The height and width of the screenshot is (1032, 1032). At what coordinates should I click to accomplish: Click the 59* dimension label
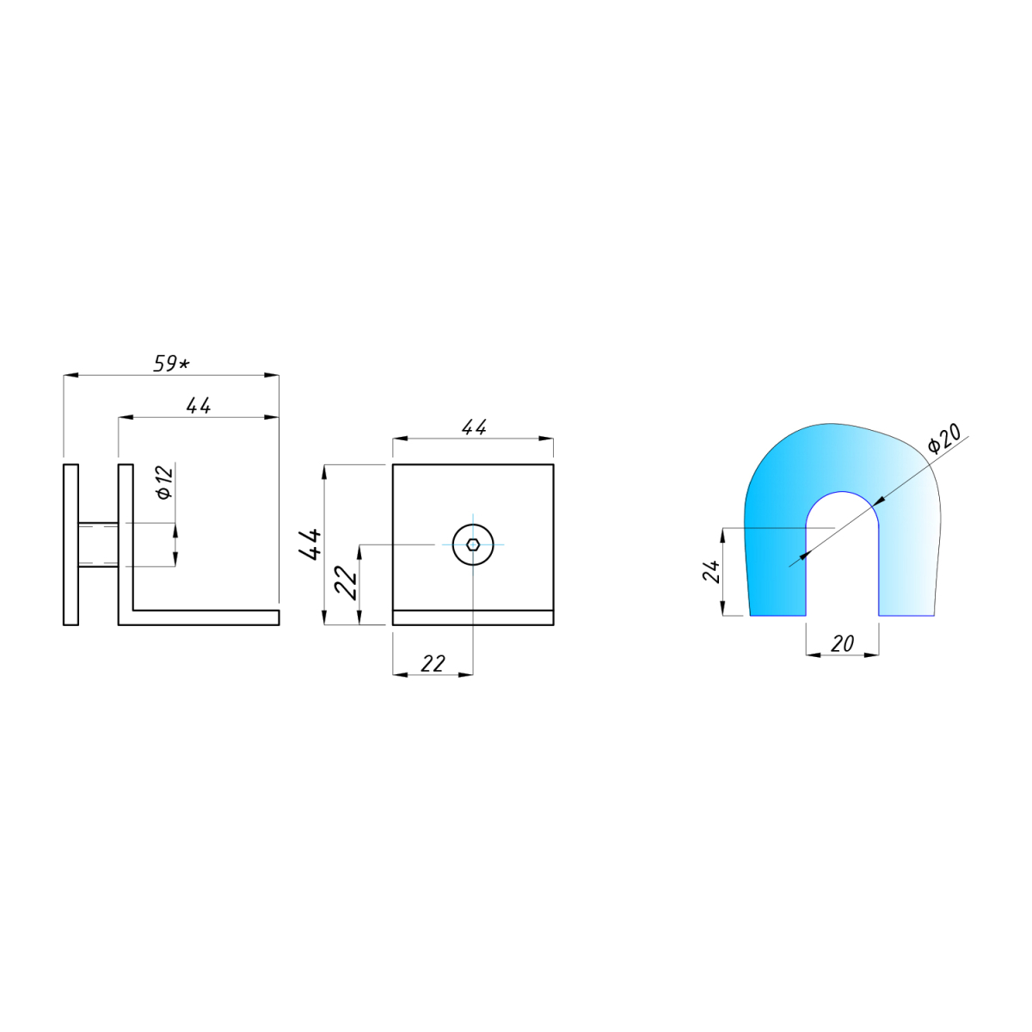171,364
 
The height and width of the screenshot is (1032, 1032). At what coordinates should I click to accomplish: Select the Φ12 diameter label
165,482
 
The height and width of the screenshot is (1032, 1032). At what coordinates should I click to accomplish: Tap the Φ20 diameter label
944,439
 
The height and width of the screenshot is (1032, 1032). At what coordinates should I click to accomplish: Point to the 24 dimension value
710,571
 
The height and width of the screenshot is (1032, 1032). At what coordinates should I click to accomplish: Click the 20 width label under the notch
843,644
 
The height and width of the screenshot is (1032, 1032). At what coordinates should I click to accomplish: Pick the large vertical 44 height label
310,544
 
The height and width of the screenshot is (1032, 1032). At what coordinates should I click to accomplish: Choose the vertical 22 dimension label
346,583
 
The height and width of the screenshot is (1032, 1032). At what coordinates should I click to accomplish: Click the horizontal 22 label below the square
433,664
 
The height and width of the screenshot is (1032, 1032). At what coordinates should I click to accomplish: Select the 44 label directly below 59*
198,405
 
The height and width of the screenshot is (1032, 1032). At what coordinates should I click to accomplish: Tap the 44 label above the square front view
474,427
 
